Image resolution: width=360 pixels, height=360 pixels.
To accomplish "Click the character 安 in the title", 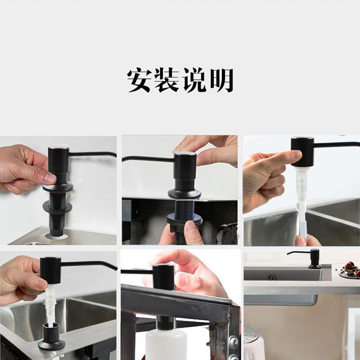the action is [139, 80].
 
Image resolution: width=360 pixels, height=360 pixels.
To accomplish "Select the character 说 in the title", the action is [194, 80].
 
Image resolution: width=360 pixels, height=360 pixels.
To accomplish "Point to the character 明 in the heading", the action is [221, 80].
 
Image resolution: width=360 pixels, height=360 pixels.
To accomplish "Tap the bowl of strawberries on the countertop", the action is [350, 269].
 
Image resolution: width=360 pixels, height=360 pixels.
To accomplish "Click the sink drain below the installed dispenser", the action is [272, 277].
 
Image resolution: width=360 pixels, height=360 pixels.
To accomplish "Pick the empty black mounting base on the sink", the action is [51, 337].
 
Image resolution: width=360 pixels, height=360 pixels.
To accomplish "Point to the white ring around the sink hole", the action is [57, 236].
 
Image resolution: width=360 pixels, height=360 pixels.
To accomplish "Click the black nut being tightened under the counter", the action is [184, 219].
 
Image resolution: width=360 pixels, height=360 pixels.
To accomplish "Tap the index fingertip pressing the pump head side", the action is [297, 154].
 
